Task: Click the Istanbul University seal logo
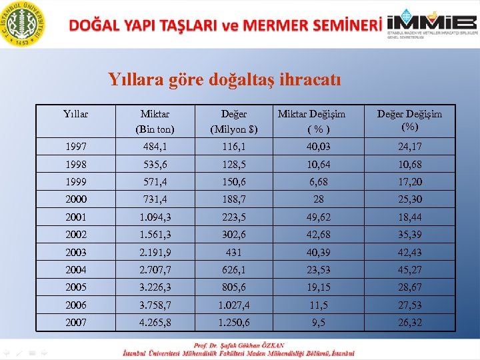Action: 24,24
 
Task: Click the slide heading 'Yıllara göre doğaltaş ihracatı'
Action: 225,80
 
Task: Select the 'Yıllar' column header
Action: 76,115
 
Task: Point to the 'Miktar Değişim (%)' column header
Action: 311,121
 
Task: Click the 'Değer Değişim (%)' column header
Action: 409,120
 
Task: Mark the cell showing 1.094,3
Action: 155,217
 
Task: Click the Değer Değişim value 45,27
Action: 409,270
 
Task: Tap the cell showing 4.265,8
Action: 155,322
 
